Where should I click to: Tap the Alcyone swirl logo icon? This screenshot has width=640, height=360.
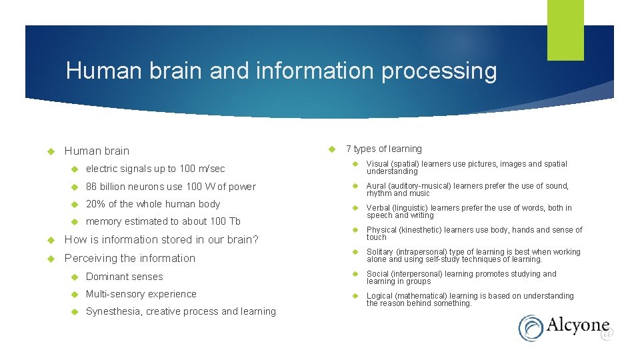tap(531, 328)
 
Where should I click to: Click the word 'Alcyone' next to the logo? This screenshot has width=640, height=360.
tap(577, 326)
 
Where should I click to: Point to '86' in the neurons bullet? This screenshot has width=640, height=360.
tap(91, 187)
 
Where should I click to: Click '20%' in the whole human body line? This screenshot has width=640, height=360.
tap(95, 204)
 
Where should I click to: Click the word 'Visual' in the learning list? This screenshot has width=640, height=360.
tap(377, 164)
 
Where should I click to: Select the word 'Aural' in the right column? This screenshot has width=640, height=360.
tap(377, 186)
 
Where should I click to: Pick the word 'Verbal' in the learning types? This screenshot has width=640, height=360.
tap(378, 208)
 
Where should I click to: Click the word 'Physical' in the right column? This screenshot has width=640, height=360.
tap(381, 230)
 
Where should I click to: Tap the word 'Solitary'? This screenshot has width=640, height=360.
tap(380, 252)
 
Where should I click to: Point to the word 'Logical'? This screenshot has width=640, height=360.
tap(379, 296)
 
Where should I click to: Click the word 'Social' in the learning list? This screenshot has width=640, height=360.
tap(377, 274)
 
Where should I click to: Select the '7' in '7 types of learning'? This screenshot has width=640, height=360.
tap(349, 149)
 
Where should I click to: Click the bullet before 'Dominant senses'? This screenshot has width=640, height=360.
tap(75, 277)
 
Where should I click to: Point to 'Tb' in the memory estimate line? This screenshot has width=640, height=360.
tap(234, 221)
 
